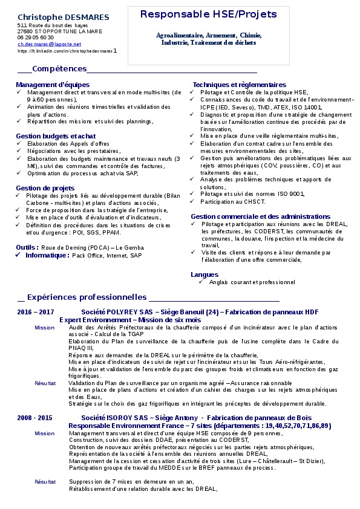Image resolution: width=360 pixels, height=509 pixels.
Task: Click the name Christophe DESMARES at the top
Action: (63, 17)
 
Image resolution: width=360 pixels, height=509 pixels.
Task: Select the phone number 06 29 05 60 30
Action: (36, 37)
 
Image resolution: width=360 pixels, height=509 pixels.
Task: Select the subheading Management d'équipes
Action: (53, 85)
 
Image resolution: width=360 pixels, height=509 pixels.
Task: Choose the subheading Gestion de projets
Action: (45, 188)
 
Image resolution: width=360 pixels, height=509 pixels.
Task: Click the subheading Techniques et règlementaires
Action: (240, 85)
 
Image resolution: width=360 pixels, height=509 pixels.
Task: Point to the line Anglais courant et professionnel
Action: (252, 282)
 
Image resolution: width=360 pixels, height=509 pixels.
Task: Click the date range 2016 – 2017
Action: (36, 312)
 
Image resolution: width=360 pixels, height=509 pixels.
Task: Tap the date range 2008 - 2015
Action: (35, 418)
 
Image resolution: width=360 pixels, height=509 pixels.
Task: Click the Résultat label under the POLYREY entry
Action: (45, 383)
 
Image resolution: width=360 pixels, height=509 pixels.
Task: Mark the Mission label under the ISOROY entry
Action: (44, 433)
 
